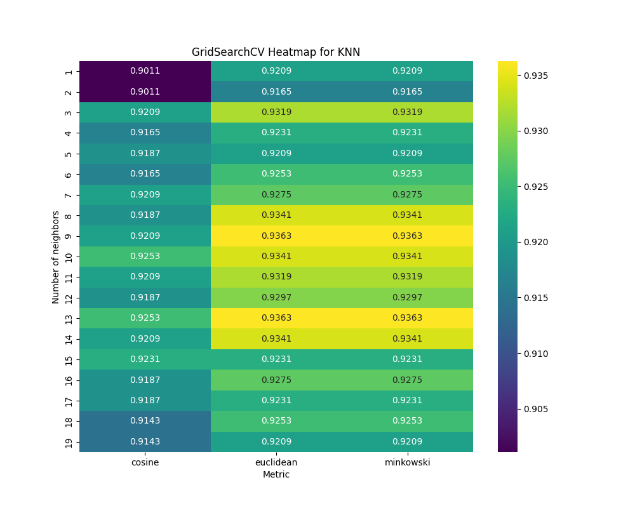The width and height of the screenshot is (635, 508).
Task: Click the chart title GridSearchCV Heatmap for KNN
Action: [276, 52]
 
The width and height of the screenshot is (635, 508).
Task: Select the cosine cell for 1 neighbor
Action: [145, 71]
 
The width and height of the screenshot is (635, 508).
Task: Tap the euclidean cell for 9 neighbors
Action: [276, 236]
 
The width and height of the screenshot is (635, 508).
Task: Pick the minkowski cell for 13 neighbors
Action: [407, 317]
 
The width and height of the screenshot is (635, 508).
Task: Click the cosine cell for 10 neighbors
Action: [145, 256]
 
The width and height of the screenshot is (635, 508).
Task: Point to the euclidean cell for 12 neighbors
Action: [276, 297]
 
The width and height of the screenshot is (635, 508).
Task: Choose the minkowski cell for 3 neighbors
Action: [407, 112]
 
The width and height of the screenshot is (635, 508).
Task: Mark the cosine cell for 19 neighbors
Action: [145, 441]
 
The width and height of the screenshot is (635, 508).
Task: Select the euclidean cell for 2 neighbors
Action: [276, 91]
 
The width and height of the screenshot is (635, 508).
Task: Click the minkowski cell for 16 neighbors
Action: [407, 380]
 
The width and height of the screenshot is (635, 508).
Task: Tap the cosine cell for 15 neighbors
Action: [145, 359]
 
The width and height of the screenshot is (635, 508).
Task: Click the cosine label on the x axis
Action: [145, 462]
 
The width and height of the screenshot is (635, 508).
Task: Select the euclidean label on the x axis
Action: [276, 462]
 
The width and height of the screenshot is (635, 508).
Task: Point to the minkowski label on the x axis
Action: [407, 462]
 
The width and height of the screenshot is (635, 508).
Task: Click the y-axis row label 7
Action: [69, 194]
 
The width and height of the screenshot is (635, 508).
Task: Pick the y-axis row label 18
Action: [69, 421]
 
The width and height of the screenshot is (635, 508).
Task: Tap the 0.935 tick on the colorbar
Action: [535, 76]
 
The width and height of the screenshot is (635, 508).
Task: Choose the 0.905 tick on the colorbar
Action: [535, 409]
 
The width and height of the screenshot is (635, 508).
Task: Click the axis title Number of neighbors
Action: [56, 257]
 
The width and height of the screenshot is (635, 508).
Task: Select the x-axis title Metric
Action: [276, 474]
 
